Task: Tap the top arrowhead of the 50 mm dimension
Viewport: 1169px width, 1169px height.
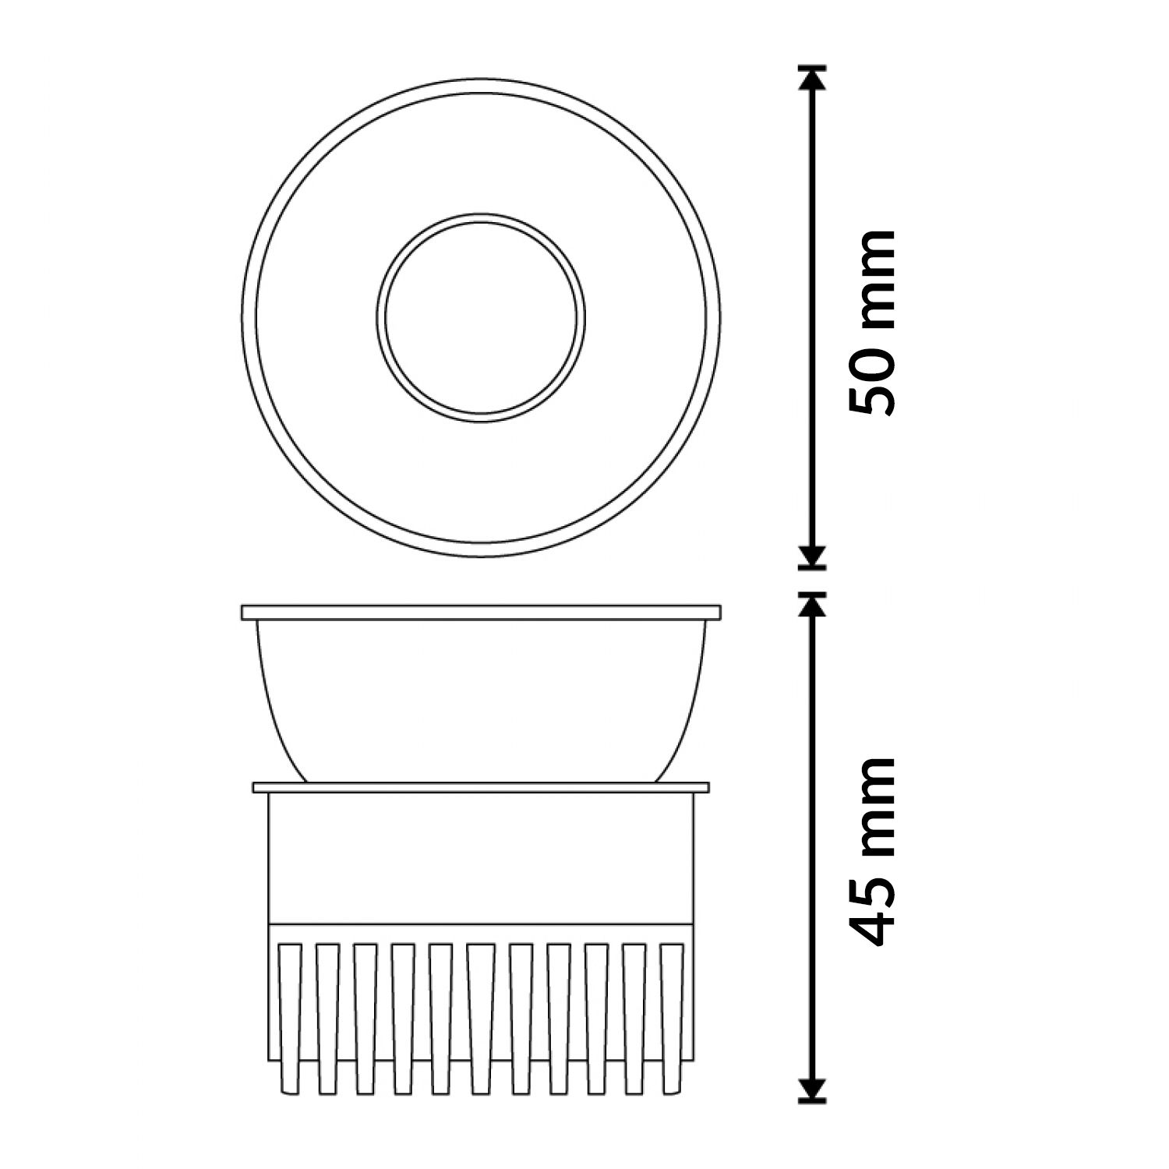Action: pos(813,81)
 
